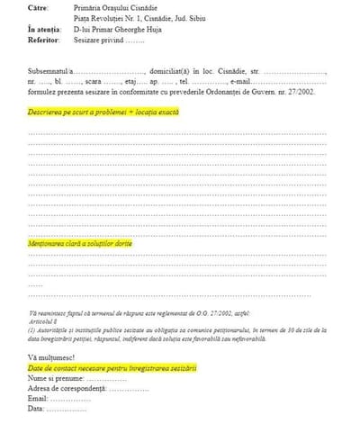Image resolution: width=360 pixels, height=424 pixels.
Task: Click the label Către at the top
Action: coord(40,8)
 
